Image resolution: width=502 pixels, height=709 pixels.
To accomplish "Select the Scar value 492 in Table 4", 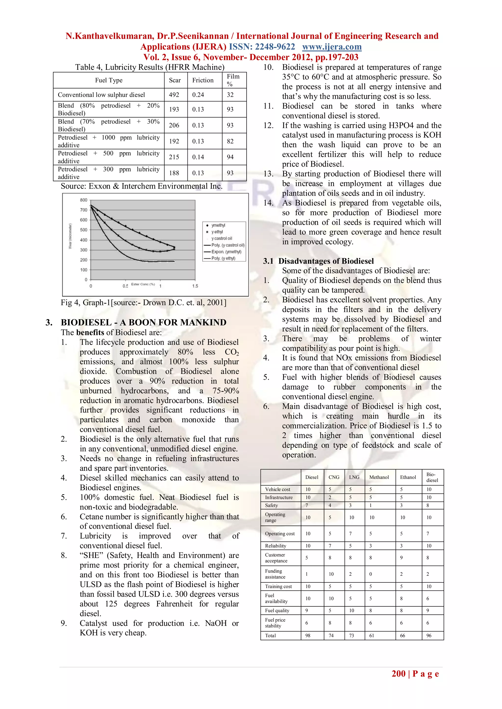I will point(174,95).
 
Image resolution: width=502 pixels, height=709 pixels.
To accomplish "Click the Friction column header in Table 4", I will point(203,80).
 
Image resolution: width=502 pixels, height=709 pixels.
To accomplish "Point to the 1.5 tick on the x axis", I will point(195,286).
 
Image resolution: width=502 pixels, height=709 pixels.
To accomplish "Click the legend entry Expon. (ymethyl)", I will point(226,252).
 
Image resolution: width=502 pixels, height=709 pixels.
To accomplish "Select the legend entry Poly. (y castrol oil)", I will point(228,245).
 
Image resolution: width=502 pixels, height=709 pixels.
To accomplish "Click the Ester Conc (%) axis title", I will point(143,284).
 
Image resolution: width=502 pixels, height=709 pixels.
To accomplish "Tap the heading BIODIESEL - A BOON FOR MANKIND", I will point(143,322).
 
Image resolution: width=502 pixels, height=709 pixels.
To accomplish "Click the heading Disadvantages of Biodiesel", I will point(326,261).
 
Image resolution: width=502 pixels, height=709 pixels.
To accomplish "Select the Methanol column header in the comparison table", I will point(379,477).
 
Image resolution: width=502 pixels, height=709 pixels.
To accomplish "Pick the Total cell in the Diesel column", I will point(308,636).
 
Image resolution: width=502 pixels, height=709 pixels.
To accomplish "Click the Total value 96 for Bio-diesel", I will point(429,636).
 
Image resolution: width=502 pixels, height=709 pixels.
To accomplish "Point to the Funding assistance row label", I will point(275,574).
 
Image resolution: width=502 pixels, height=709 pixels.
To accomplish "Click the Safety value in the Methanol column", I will point(371,505).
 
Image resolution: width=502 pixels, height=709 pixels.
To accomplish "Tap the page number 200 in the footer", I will point(399,674).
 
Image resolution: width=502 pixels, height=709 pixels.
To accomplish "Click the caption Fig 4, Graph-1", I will point(143,302).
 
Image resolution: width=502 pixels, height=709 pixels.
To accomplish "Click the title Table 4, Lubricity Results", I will point(150,67).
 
